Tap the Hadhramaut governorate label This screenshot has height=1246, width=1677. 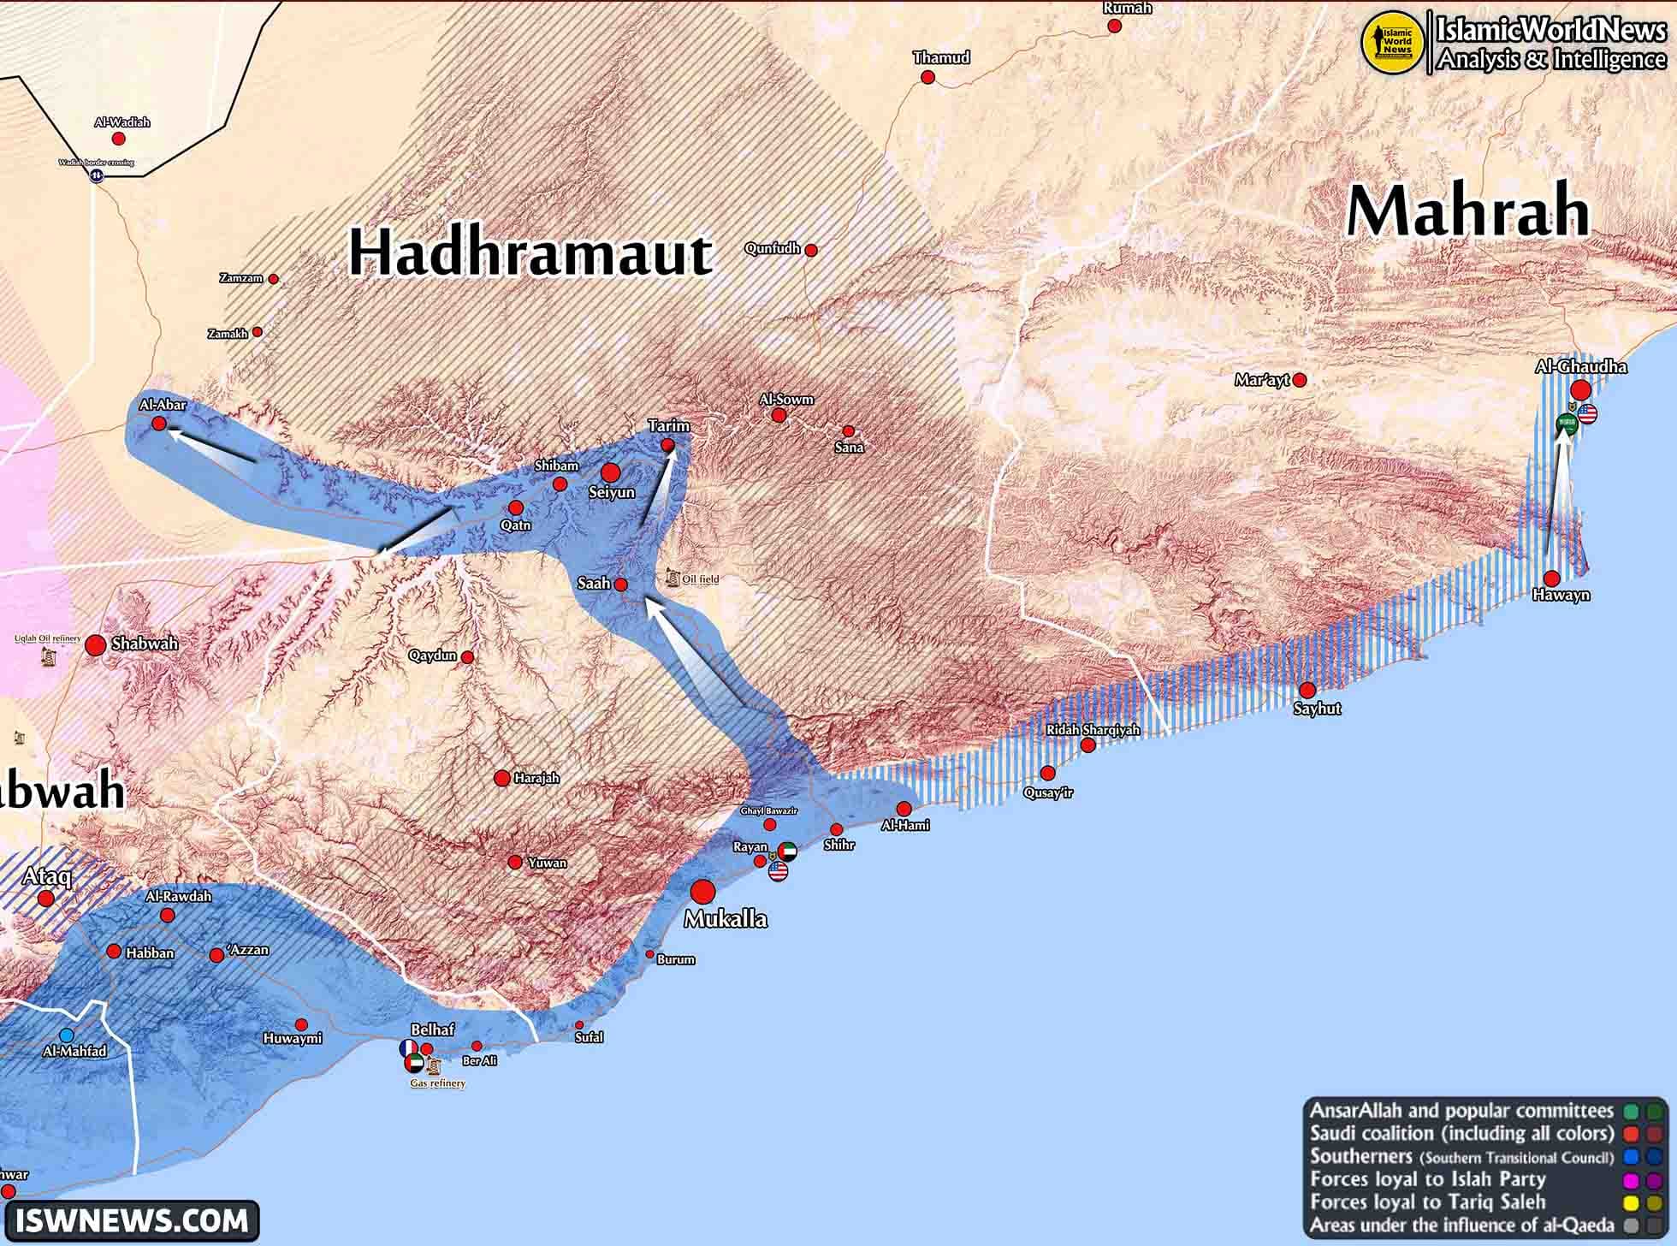point(530,253)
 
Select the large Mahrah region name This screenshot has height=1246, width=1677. point(1468,211)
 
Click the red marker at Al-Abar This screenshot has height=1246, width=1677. point(159,424)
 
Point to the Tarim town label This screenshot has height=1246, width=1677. point(668,425)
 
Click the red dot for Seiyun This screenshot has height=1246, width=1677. point(610,472)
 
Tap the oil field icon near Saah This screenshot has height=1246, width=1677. point(673,578)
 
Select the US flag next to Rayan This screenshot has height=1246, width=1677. point(778,872)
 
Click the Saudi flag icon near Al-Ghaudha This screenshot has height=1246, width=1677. point(1566,423)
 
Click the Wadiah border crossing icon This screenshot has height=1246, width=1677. point(97,175)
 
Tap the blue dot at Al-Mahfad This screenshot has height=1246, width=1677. point(66,1035)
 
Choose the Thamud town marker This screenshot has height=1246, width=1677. point(927,78)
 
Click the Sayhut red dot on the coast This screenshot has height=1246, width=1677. point(1307,691)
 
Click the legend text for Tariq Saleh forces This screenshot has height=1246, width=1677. point(1427,1202)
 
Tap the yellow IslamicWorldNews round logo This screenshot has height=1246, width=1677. point(1392,41)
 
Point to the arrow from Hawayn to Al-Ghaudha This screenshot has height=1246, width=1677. point(1556,505)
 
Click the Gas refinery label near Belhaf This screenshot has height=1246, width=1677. point(437,1083)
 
